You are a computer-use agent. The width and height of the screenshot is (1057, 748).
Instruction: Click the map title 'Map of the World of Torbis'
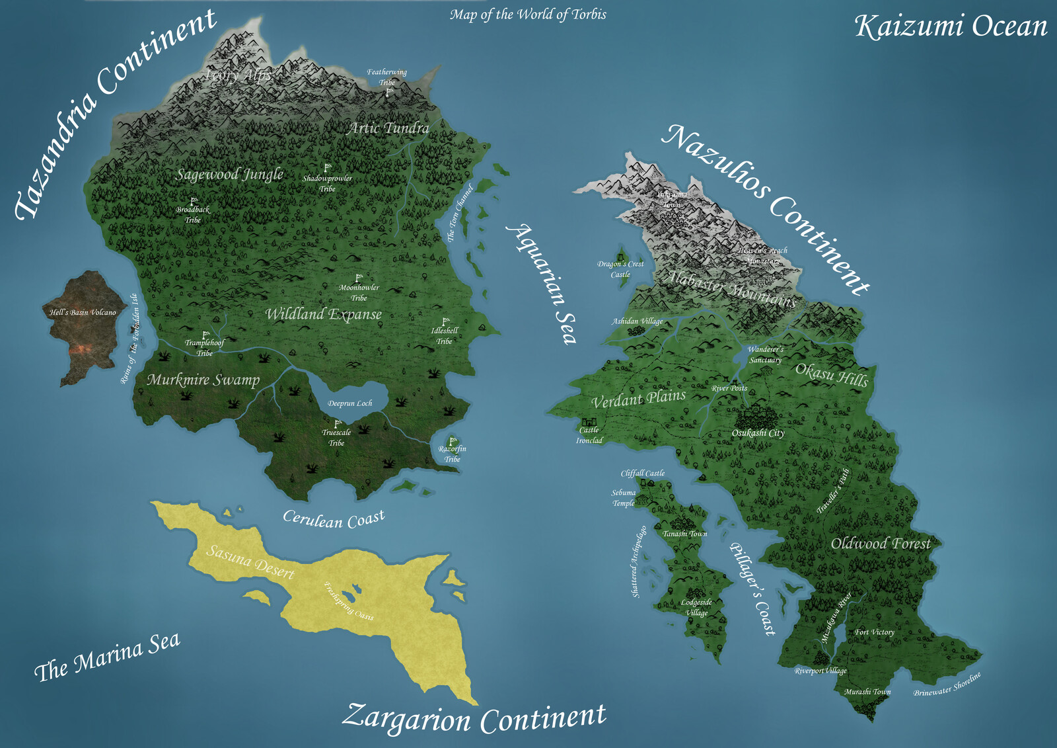coord(528,15)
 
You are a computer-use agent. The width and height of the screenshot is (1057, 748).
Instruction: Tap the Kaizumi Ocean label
coord(951,27)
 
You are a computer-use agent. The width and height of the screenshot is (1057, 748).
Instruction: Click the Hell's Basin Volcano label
coord(83,312)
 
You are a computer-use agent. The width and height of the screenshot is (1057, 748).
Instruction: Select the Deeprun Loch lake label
coord(350,403)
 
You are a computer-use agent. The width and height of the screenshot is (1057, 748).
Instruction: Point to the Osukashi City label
coord(758,433)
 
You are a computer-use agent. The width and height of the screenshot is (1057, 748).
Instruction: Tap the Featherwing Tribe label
coord(387,77)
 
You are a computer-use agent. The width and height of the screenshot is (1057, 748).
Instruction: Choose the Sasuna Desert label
coord(250,561)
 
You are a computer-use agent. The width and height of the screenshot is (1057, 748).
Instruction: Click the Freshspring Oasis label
coord(349,601)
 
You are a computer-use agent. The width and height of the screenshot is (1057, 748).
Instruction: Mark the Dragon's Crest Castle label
coord(620,269)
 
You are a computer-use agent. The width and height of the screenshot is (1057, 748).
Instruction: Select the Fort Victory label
coord(875,632)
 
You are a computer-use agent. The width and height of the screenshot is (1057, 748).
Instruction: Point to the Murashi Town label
coord(867,692)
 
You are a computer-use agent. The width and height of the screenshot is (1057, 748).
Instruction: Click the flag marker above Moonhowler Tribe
coord(359,278)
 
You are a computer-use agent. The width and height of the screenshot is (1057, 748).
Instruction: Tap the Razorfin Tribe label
coord(453,454)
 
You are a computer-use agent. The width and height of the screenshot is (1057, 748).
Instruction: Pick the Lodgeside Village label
coord(696,607)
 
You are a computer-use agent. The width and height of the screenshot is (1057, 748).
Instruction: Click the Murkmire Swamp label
coord(203,380)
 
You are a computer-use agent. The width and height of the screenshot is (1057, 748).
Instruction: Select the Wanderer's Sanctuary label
coord(766,354)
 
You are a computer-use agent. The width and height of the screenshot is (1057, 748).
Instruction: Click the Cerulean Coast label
coord(334,519)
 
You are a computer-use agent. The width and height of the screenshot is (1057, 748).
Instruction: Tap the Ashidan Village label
coord(637,321)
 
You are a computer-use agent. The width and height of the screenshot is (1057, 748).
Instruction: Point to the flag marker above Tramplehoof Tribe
coord(205,335)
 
